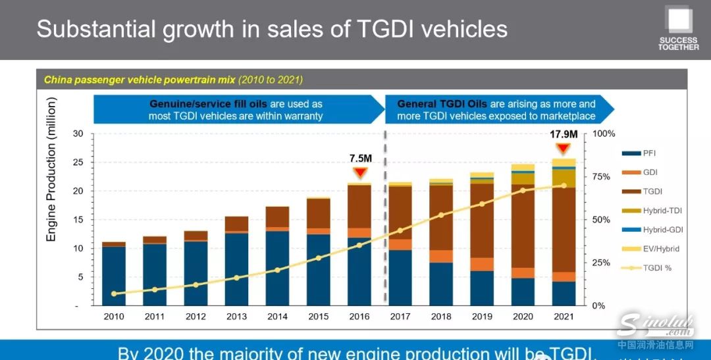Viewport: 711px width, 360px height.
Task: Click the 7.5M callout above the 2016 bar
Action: point(360,159)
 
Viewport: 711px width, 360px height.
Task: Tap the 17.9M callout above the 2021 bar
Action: point(564,134)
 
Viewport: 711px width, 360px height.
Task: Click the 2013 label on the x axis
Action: point(237,317)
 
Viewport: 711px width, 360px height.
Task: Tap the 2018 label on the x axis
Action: point(441,317)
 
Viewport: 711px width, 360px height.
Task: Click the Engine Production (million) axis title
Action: point(51,169)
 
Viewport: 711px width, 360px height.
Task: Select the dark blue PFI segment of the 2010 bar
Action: point(114,276)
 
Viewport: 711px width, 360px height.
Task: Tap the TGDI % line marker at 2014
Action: point(277,270)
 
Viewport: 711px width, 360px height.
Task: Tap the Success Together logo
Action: point(678,29)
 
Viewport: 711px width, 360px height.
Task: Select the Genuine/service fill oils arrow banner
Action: point(237,109)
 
